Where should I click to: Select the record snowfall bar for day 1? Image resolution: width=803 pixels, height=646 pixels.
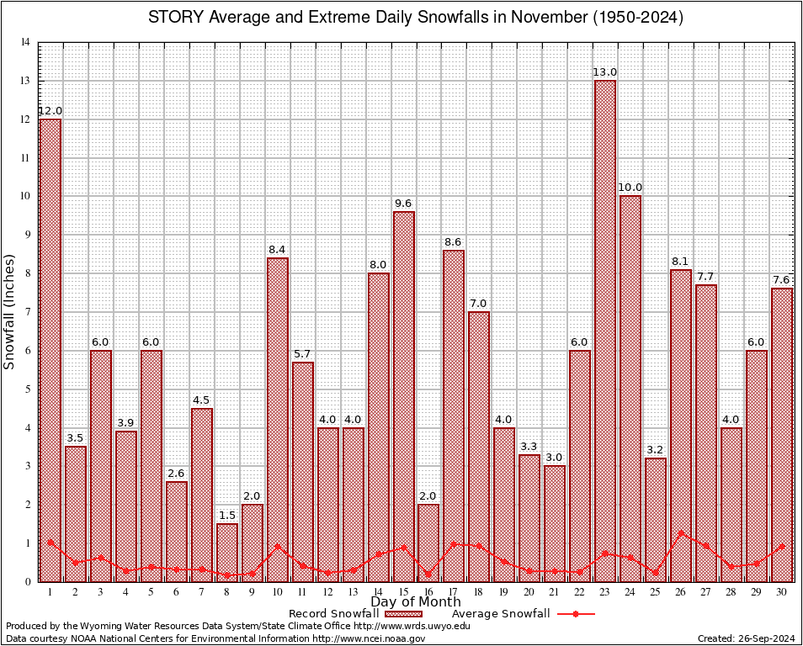click(51, 350)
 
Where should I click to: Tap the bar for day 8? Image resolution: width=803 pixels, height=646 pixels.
click(227, 552)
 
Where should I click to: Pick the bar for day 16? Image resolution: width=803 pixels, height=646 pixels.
click(428, 543)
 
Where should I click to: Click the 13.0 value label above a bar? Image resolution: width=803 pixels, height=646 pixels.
click(605, 72)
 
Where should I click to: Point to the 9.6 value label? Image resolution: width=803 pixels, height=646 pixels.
click(403, 204)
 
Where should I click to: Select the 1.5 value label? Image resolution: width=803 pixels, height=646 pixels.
click(227, 516)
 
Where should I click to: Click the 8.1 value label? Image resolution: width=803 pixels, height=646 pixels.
click(681, 262)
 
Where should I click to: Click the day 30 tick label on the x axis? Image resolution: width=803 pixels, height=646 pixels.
click(782, 592)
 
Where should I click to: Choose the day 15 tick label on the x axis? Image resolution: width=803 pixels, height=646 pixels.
click(403, 592)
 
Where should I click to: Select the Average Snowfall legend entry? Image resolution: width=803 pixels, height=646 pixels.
click(500, 614)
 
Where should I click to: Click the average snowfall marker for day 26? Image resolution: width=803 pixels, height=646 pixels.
click(681, 532)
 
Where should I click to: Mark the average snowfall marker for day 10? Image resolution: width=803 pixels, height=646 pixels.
click(278, 546)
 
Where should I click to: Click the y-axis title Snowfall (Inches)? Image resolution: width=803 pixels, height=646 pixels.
click(9, 311)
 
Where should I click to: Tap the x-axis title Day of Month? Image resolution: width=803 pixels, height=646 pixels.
click(415, 602)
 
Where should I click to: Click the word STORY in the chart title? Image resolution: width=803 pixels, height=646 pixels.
click(176, 18)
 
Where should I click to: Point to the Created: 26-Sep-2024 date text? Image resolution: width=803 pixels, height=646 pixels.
click(747, 638)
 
